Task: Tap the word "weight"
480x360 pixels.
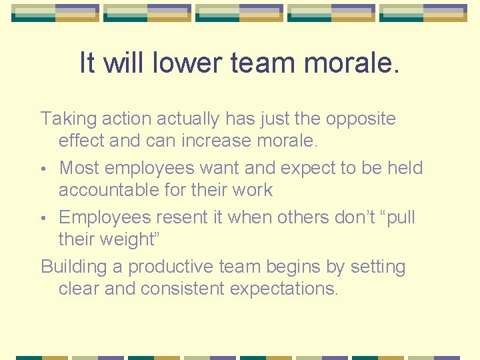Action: [x=123, y=240]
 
